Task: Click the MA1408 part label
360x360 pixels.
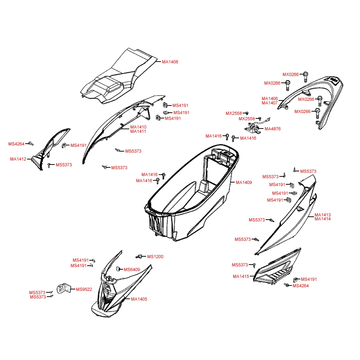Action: tap(170, 62)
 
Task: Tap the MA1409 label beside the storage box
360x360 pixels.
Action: tap(244, 183)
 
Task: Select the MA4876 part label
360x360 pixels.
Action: tap(273, 129)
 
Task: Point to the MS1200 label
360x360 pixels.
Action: tap(155, 257)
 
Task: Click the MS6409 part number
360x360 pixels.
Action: tap(132, 270)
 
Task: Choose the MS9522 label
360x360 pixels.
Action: tap(84, 289)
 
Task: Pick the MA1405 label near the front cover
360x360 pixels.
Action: tap(139, 299)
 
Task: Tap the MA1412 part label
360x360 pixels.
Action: tap(18, 159)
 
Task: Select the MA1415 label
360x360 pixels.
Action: tap(241, 276)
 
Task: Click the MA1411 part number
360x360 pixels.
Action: tap(138, 131)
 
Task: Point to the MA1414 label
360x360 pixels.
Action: tap(323, 219)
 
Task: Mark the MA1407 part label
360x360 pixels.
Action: tap(270, 103)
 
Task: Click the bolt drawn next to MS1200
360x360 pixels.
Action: tap(139, 256)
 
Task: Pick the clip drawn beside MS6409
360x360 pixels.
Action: tap(118, 269)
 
